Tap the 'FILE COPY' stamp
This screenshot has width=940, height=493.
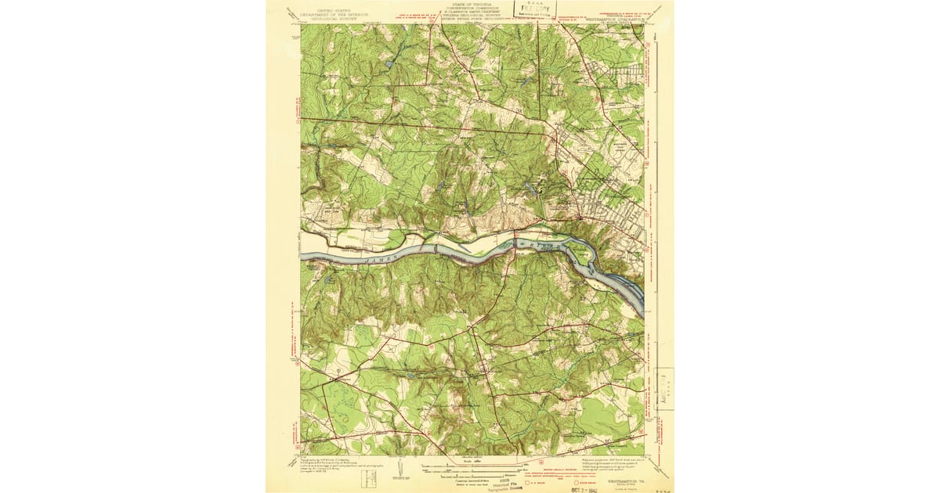click(x=531, y=9)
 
